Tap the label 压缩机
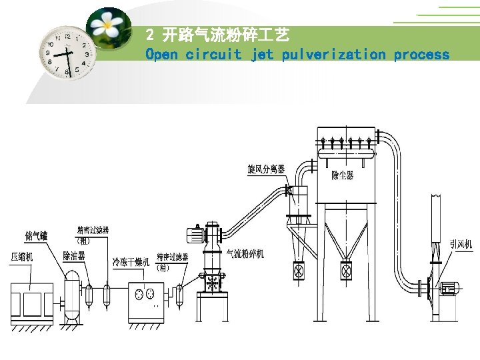coord(22,256)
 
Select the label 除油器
coord(74,255)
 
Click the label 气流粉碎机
coord(245,254)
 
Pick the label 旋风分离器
coord(266,169)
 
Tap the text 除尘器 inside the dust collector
coord(343,175)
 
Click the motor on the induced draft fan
coord(450,289)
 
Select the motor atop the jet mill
coord(196,234)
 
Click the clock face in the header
coord(67,52)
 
